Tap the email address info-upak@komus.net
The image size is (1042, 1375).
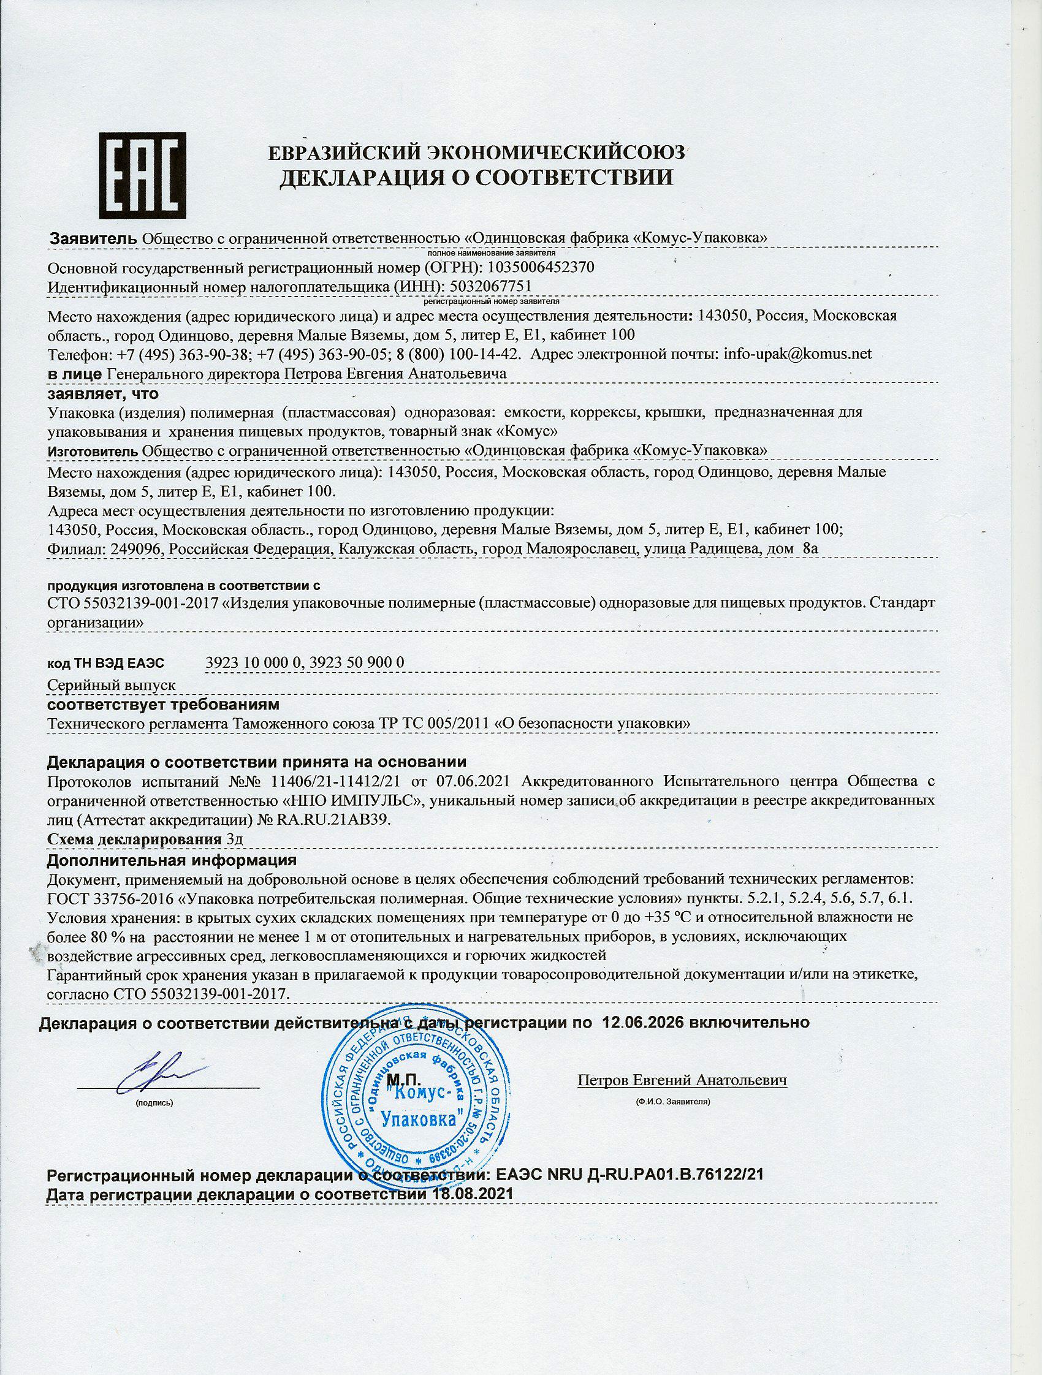(x=798, y=354)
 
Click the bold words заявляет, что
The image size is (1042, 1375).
(x=103, y=393)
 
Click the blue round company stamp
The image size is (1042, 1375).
(x=416, y=1099)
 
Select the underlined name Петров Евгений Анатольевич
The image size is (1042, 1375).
(x=682, y=1081)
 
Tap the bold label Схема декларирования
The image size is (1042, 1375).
(x=133, y=839)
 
